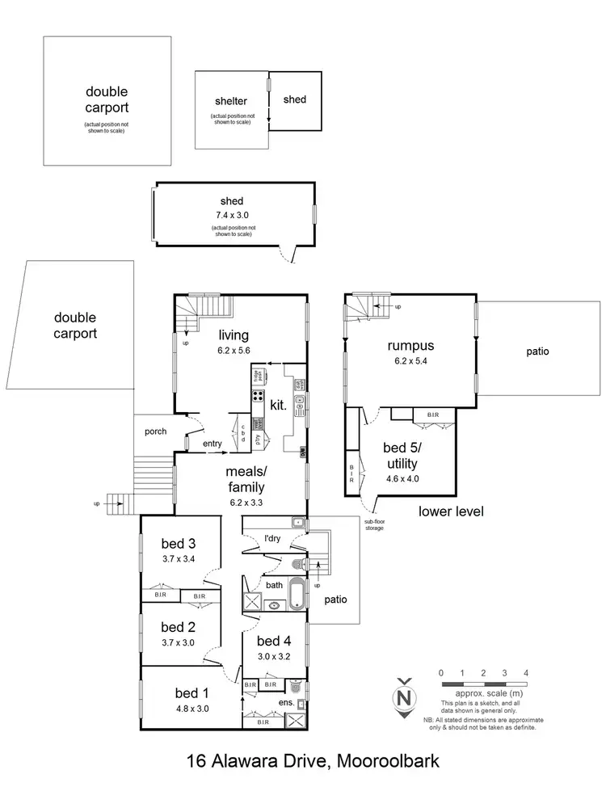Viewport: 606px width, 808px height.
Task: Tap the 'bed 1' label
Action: click(x=191, y=692)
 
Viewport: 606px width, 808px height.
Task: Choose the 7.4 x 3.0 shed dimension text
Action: click(x=232, y=216)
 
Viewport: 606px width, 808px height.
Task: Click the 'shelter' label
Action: click(x=230, y=101)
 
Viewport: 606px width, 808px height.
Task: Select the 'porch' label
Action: click(x=155, y=431)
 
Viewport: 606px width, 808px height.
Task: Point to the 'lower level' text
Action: click(x=451, y=511)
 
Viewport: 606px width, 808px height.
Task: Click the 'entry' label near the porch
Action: click(x=213, y=443)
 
